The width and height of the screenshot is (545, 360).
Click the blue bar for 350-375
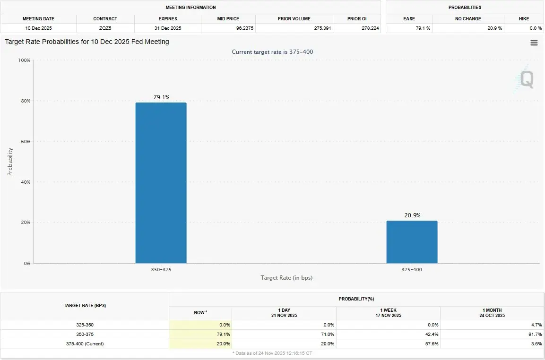click(x=161, y=183)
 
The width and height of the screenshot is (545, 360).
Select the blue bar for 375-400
click(x=412, y=242)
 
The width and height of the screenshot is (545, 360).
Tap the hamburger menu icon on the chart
click(x=534, y=43)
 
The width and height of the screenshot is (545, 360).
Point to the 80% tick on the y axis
click(x=25, y=101)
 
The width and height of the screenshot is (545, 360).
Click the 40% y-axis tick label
click(x=25, y=182)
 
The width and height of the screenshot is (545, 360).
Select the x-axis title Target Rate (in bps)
click(x=286, y=278)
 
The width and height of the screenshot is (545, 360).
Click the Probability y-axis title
click(x=10, y=162)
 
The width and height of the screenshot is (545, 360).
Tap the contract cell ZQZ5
click(x=105, y=28)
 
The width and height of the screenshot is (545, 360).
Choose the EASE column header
click(x=409, y=19)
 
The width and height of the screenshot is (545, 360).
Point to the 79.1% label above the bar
click(x=161, y=97)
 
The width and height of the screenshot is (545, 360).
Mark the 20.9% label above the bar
click(x=412, y=215)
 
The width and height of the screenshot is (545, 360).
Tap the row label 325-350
click(x=85, y=325)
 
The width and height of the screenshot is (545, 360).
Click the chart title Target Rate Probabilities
click(x=87, y=42)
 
